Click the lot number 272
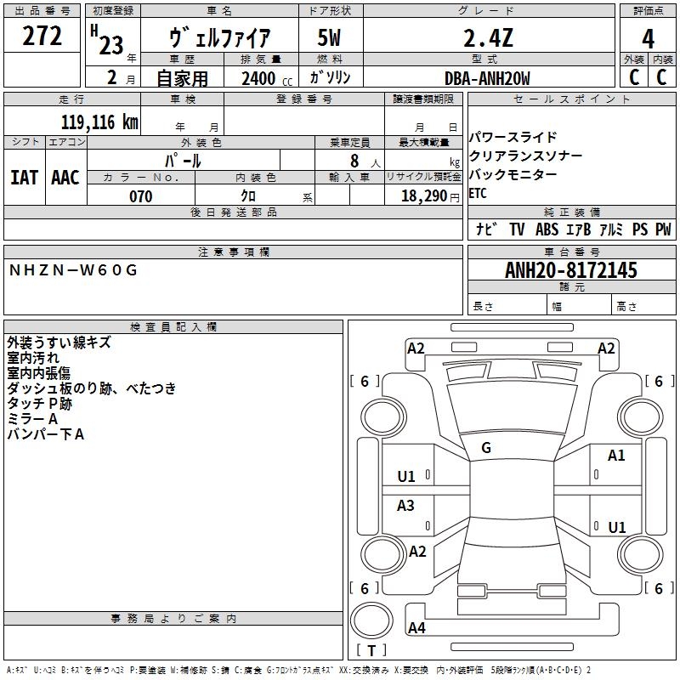coord(42,37)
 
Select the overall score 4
coord(648,38)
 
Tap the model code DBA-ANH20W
coord(487,79)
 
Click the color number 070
coord(140,196)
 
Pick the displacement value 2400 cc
coord(258,79)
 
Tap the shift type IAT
coord(25,177)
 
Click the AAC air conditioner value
coord(65,177)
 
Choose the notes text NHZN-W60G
coord(72,270)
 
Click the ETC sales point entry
coord(478,193)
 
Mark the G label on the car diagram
coord(486,448)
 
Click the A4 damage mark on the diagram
coord(416,628)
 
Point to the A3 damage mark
coord(406,506)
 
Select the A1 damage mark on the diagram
coord(616,456)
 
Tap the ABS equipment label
coord(547,229)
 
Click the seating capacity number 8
coord(352,161)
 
